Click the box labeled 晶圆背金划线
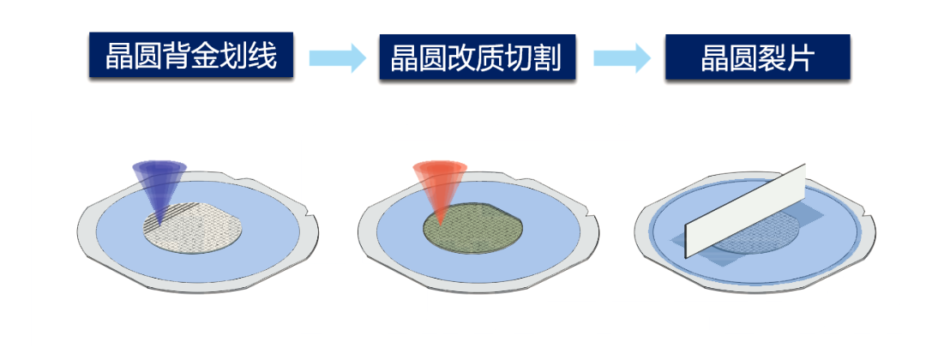pyautogui.click(x=190, y=57)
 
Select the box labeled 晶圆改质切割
pyautogui.click(x=476, y=57)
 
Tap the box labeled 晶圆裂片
pyautogui.click(x=757, y=57)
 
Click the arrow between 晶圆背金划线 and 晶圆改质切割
pyautogui.click(x=337, y=57)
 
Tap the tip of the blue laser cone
pyautogui.click(x=159, y=225)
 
